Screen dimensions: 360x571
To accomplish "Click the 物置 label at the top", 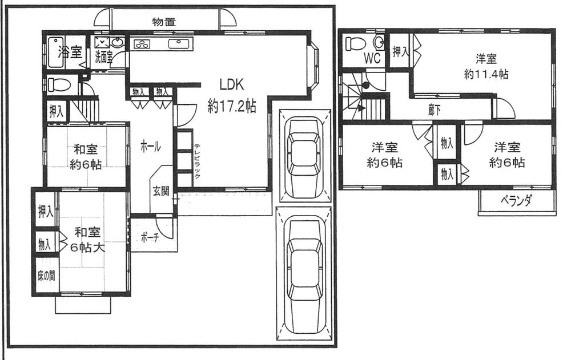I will coord(164,22).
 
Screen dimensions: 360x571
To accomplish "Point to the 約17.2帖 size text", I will coord(231,106).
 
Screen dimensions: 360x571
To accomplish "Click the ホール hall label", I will coord(150,147).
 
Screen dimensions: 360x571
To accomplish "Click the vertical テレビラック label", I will coord(196,161).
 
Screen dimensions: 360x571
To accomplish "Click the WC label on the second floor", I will coord(372,58).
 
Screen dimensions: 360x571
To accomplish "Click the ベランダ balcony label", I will coord(516,200).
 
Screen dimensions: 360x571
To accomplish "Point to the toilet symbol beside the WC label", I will coord(356,43).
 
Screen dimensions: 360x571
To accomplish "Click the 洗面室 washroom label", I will coord(103,57).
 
